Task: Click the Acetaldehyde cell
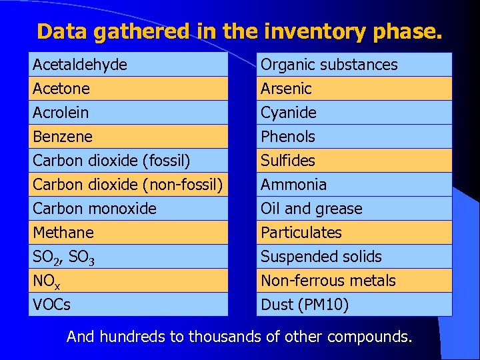pyautogui.click(x=129, y=65)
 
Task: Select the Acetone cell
pyautogui.click(x=129, y=89)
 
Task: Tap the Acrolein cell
pyautogui.click(x=129, y=113)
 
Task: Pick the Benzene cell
pyautogui.click(x=129, y=137)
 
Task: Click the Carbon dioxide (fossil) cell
pyautogui.click(x=129, y=161)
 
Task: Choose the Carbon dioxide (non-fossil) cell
pyautogui.click(x=129, y=185)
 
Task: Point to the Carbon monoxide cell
pyautogui.click(x=129, y=209)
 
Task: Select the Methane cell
pyautogui.click(x=129, y=233)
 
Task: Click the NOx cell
pyautogui.click(x=129, y=281)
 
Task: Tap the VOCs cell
pyautogui.click(x=129, y=305)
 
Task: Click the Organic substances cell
pyautogui.click(x=354, y=65)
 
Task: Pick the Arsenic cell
pyautogui.click(x=354, y=89)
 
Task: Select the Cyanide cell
pyautogui.click(x=354, y=113)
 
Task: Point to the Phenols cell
pyautogui.click(x=354, y=137)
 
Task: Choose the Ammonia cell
pyautogui.click(x=354, y=185)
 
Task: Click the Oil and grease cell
pyautogui.click(x=354, y=209)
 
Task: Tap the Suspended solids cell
pyautogui.click(x=354, y=257)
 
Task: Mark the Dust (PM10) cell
pyautogui.click(x=354, y=305)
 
